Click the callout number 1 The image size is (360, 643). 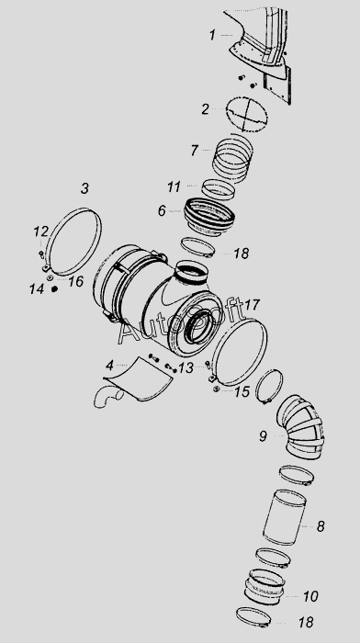(x=212, y=35)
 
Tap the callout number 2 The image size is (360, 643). (x=205, y=109)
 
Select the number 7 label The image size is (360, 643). (x=195, y=151)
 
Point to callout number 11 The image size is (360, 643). (x=174, y=187)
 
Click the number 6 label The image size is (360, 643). (x=162, y=210)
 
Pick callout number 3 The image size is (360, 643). (x=84, y=188)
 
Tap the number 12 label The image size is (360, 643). (x=41, y=231)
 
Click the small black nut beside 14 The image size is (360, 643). (x=54, y=288)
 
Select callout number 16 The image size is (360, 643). (x=76, y=281)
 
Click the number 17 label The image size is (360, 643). (x=253, y=305)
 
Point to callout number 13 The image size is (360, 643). (x=186, y=367)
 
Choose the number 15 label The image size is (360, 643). (x=242, y=391)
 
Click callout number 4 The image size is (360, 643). (x=109, y=365)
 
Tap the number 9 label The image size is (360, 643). (x=263, y=436)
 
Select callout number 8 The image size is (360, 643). (x=321, y=526)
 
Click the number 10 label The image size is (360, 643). (x=310, y=596)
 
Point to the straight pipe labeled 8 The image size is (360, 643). (x=285, y=517)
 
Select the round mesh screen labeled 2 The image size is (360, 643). (x=247, y=115)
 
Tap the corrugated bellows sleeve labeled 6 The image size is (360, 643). (x=209, y=218)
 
